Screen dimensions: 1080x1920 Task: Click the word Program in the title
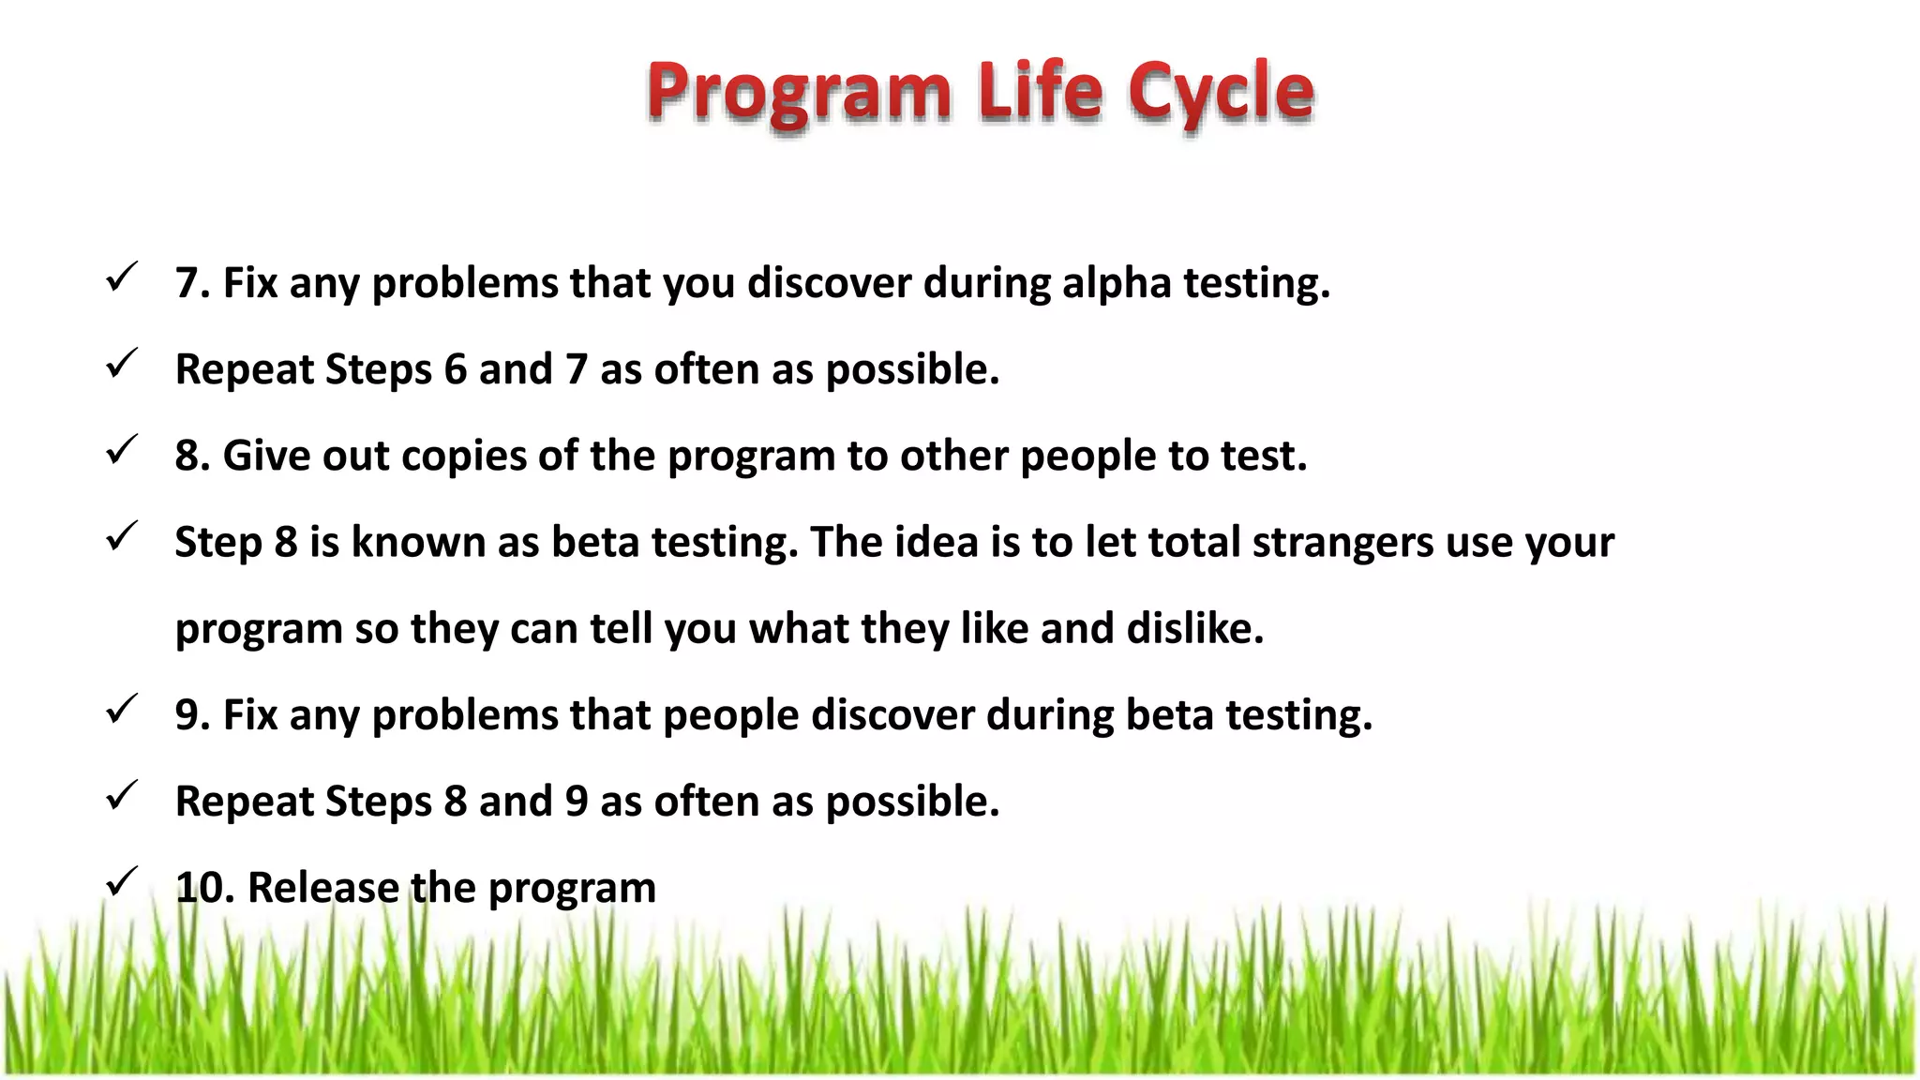(799, 92)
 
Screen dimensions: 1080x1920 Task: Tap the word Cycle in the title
(1221, 92)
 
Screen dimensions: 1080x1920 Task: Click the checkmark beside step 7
(122, 277)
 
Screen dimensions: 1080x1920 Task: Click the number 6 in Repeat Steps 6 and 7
(456, 369)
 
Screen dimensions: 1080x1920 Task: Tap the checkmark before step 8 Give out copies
(122, 450)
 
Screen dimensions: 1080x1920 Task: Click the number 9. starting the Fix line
(192, 715)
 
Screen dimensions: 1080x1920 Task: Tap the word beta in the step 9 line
(1169, 715)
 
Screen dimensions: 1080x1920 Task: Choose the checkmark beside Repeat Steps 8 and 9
(122, 796)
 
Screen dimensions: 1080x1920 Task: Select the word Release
(323, 888)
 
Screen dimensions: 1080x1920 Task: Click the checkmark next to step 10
(122, 882)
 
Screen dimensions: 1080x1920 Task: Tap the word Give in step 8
(266, 456)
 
